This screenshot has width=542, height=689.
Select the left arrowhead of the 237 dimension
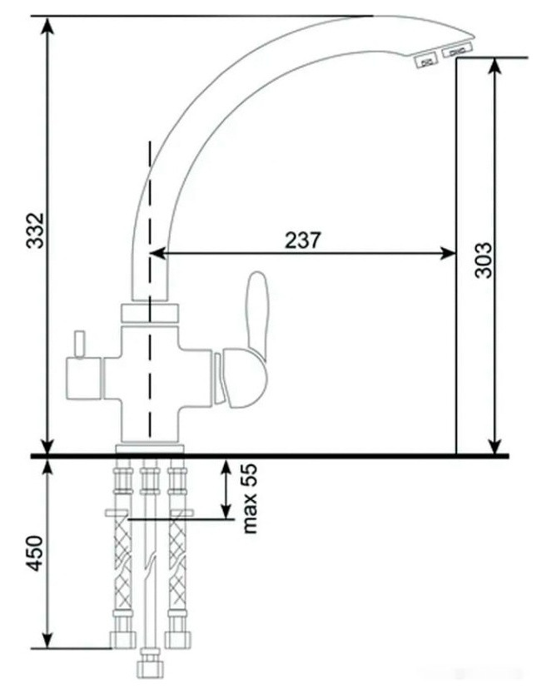click(x=157, y=254)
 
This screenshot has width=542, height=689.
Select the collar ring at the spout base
click(x=150, y=314)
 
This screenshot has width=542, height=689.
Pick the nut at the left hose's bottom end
click(x=122, y=639)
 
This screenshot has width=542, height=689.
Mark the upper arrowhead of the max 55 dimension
click(x=225, y=466)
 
